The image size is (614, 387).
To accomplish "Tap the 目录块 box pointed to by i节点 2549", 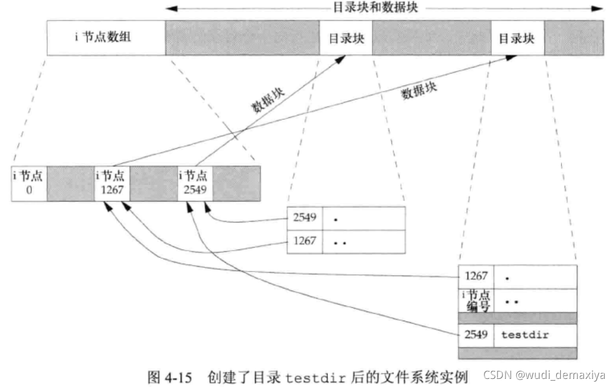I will click(x=346, y=38).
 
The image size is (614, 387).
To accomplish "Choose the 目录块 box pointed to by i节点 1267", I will click(x=516, y=38).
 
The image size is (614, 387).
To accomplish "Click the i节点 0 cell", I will click(x=29, y=183).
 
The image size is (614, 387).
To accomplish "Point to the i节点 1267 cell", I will click(x=112, y=183).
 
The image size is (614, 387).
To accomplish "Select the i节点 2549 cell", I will click(x=196, y=183).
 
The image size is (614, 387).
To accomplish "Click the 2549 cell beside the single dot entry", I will click(x=305, y=219).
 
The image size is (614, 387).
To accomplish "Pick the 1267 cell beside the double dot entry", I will click(x=305, y=241).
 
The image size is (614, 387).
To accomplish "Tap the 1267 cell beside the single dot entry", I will click(x=476, y=277).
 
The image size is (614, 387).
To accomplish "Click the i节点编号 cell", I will click(x=476, y=300).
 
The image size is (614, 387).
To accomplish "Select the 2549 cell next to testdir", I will click(x=476, y=335).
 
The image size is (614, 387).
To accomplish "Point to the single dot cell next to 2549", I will click(x=364, y=219).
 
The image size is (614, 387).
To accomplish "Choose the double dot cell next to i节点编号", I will click(x=534, y=300).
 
